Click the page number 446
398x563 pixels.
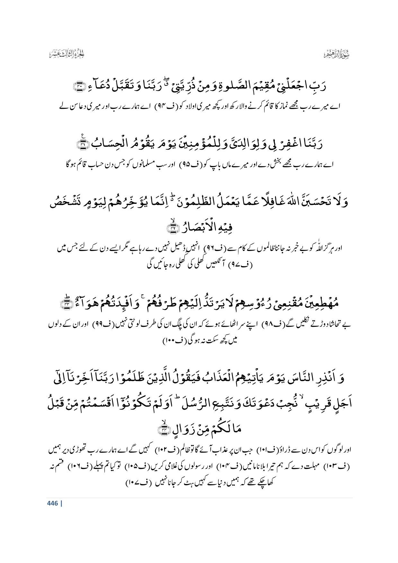coord(52,503)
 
